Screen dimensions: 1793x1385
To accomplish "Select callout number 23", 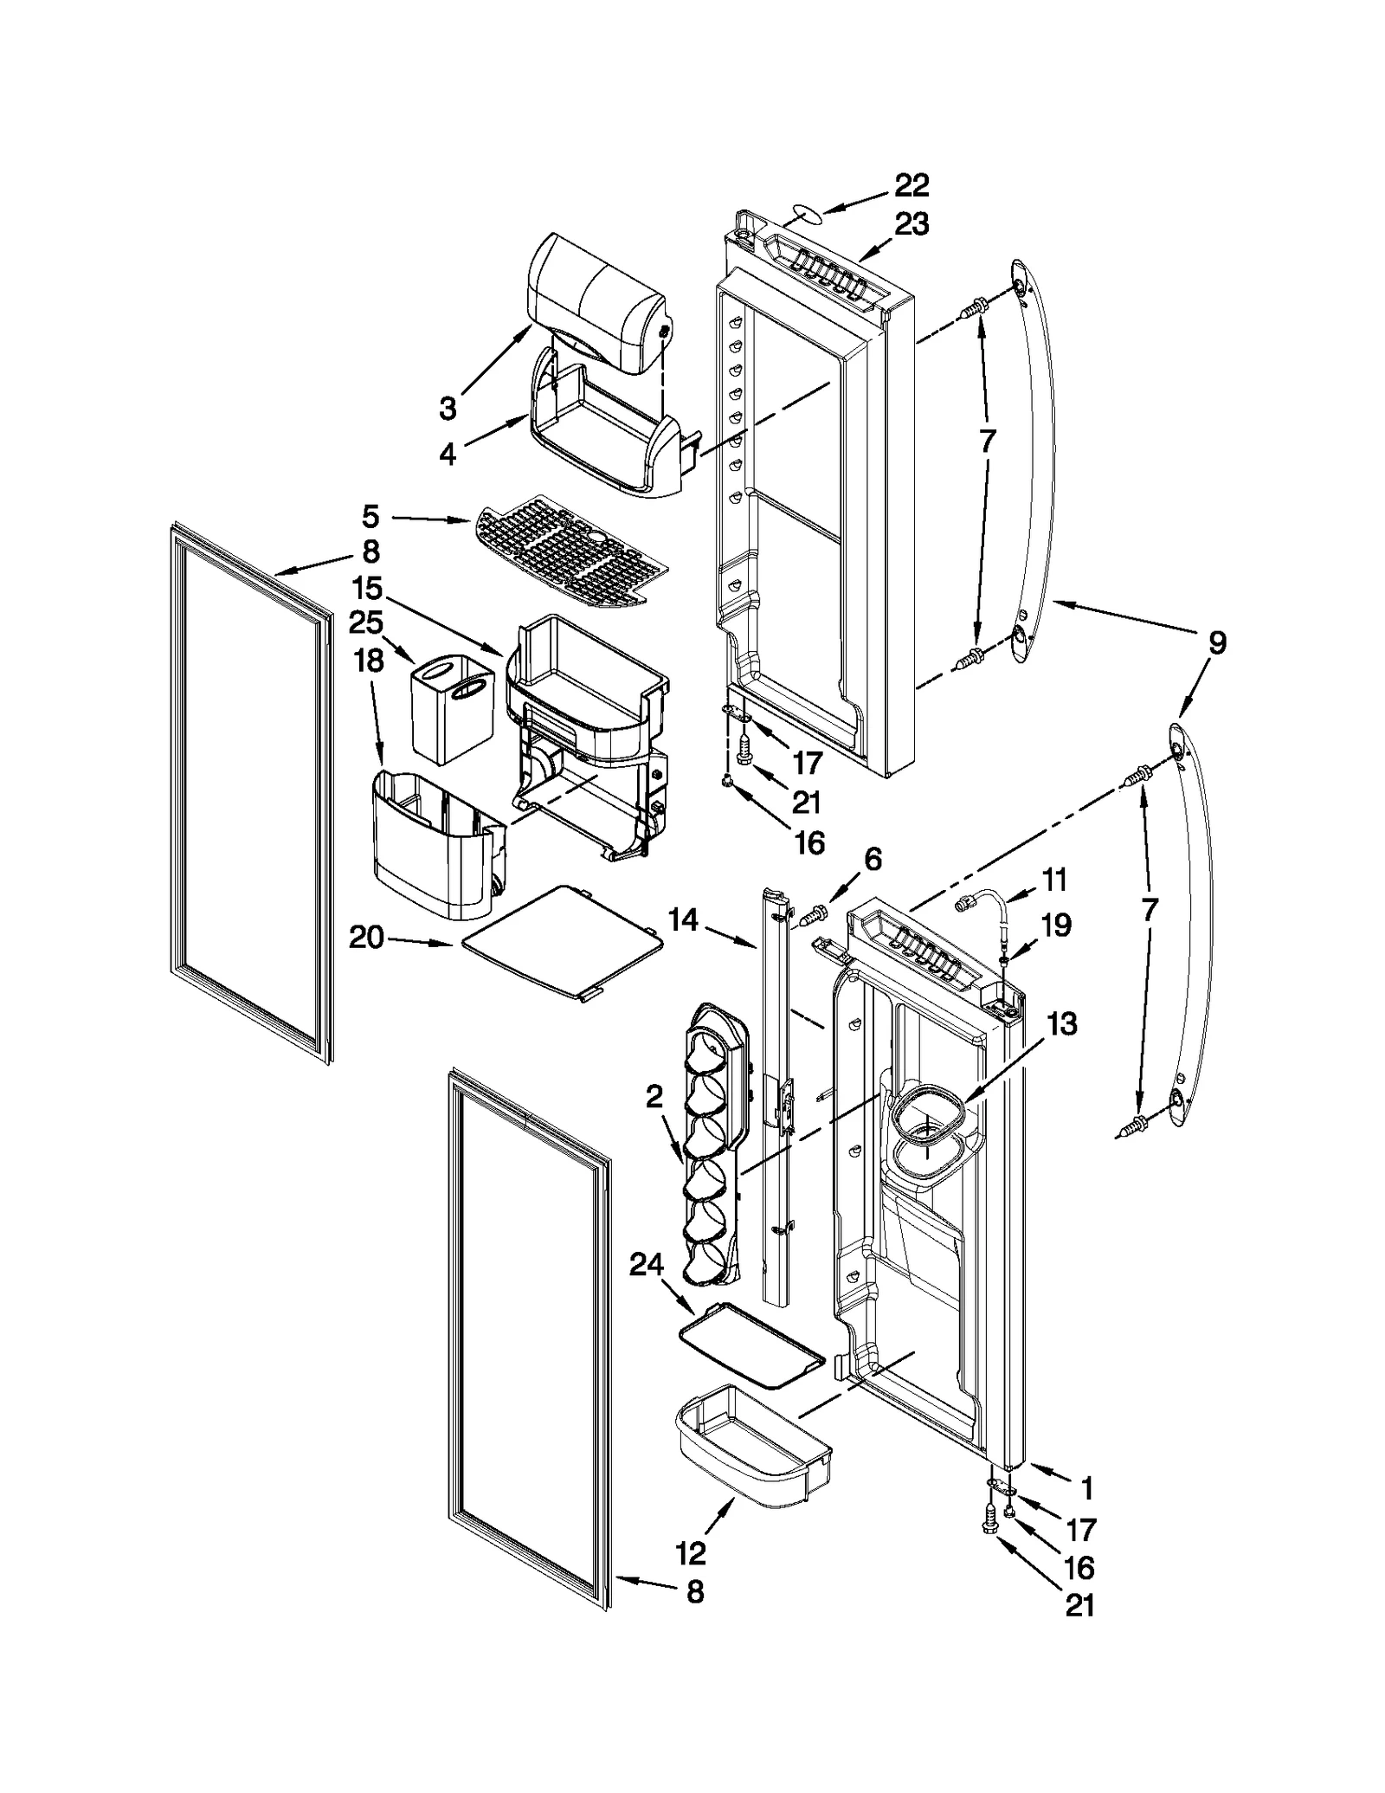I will tap(911, 224).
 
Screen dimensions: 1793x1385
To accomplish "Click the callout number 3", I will tap(447, 408).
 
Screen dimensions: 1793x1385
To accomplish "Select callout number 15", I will tap(367, 589).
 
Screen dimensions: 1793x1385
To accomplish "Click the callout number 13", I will tap(1061, 1023).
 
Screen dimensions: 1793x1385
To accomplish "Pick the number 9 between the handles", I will tap(1216, 643).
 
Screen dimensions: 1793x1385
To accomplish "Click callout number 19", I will tap(1055, 925).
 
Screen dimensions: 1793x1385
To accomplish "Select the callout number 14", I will tap(683, 919).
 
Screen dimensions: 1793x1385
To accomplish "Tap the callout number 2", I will tap(654, 1097).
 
